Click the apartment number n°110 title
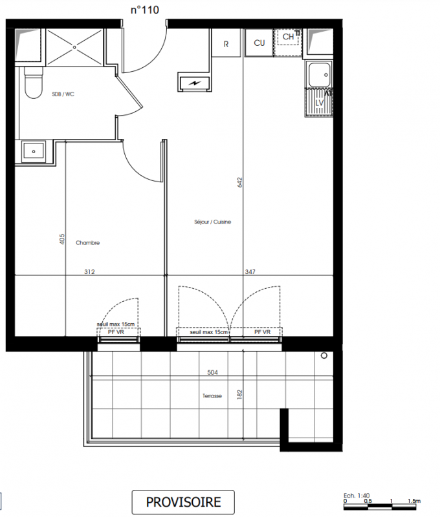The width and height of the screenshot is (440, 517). (x=144, y=10)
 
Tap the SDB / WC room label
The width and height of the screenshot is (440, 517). (x=63, y=94)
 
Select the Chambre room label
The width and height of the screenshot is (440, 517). (x=87, y=243)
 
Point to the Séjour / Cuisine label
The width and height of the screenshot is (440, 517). (x=213, y=222)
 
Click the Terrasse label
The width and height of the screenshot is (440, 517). (x=212, y=396)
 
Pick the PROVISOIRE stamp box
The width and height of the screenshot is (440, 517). (x=183, y=502)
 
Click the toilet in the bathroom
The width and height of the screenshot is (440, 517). (x=34, y=83)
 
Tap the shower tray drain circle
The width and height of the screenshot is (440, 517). (x=74, y=47)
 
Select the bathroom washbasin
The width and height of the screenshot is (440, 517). (x=34, y=152)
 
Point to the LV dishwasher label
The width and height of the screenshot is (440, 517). (x=319, y=103)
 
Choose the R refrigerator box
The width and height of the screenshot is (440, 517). (x=226, y=43)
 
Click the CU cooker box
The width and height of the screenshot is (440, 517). (x=259, y=43)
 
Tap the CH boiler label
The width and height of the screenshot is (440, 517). (x=288, y=37)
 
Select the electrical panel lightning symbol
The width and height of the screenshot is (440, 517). (x=195, y=83)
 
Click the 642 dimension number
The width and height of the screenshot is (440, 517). (x=239, y=182)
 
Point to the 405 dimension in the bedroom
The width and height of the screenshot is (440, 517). (x=62, y=239)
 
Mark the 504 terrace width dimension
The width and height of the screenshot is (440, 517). (x=213, y=372)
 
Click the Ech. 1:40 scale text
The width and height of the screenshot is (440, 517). (x=357, y=496)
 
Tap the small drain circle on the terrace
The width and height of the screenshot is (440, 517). (x=324, y=356)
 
